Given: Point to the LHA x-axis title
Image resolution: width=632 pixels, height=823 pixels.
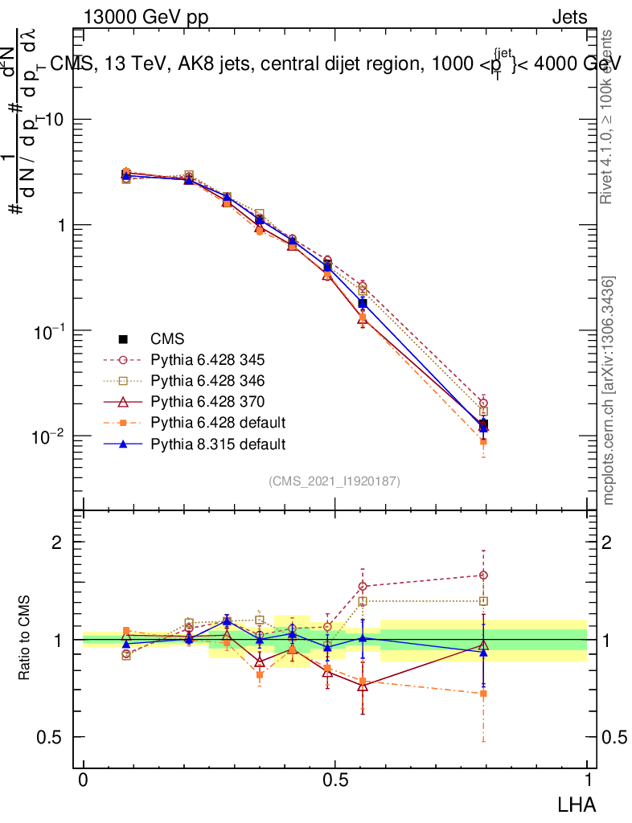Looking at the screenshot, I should tap(578, 803).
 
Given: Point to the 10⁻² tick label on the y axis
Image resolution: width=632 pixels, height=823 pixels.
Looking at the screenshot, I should tap(50, 436).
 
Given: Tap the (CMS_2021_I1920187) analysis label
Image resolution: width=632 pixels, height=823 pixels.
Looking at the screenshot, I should tap(334, 481).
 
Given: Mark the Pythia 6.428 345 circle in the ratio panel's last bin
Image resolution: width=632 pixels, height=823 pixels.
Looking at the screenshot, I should tap(483, 575).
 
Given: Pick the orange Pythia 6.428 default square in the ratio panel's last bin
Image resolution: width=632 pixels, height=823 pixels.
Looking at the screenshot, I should tap(483, 693).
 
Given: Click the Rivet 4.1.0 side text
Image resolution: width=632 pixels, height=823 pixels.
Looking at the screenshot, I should tap(609, 117).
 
